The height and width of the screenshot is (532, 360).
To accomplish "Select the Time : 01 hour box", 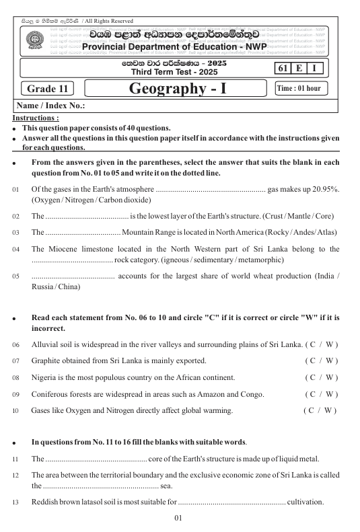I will pyautogui.click(x=300, y=89).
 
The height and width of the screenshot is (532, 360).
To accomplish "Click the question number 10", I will pyautogui.click(x=15, y=410).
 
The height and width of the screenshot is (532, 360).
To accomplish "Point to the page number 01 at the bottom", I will pyautogui.click(x=178, y=519).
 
